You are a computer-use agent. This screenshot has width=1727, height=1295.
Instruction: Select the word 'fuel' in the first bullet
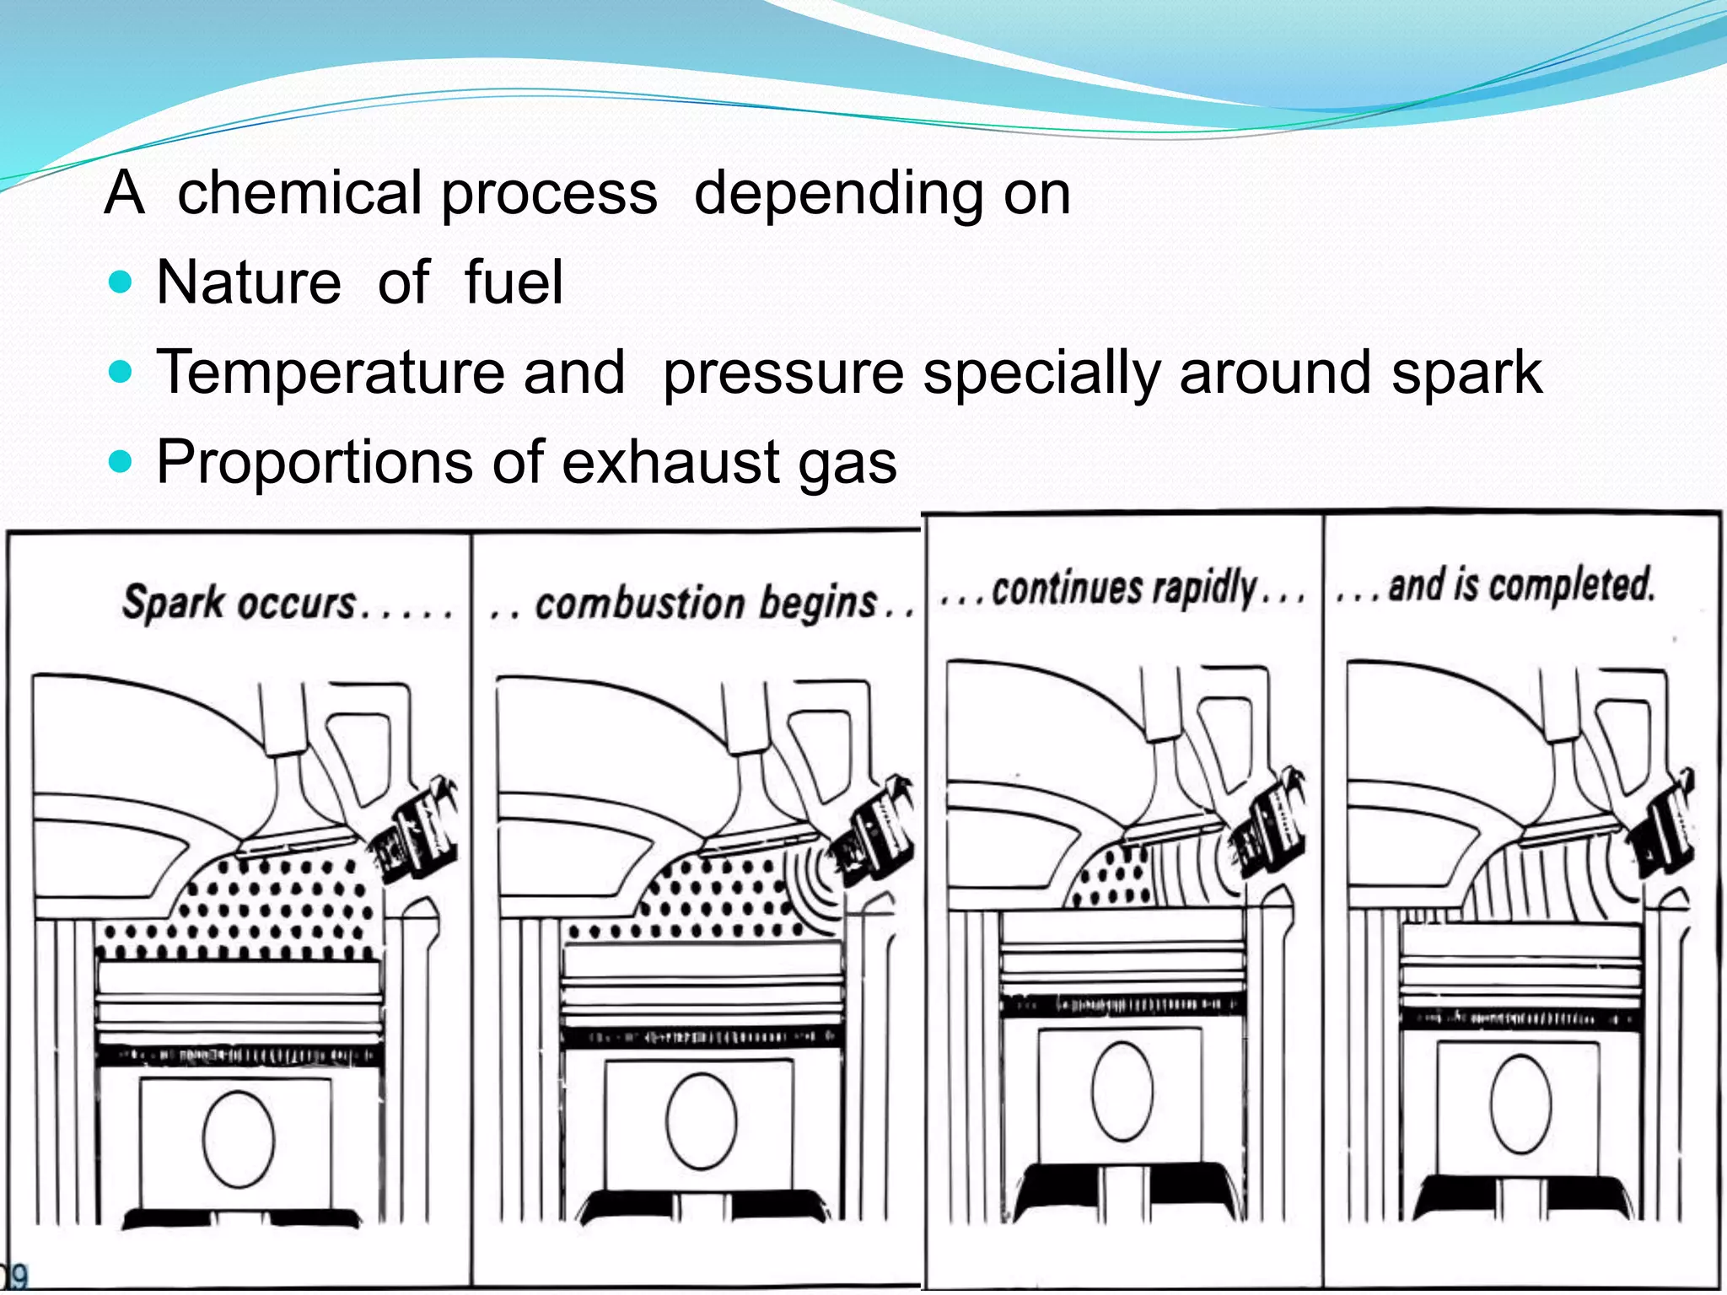click(513, 282)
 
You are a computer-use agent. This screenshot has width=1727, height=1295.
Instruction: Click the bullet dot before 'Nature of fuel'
click(121, 282)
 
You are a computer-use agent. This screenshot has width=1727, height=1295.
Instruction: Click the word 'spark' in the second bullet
click(1466, 373)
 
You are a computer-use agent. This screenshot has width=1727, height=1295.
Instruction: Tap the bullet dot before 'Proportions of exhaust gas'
click(121, 461)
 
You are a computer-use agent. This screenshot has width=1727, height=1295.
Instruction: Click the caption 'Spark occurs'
click(240, 604)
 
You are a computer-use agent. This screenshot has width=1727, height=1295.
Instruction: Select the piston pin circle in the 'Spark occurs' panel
click(239, 1139)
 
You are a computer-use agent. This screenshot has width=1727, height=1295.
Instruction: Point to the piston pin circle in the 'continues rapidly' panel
click(1122, 1091)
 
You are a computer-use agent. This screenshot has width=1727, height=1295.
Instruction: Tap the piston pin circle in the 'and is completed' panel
click(1520, 1104)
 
